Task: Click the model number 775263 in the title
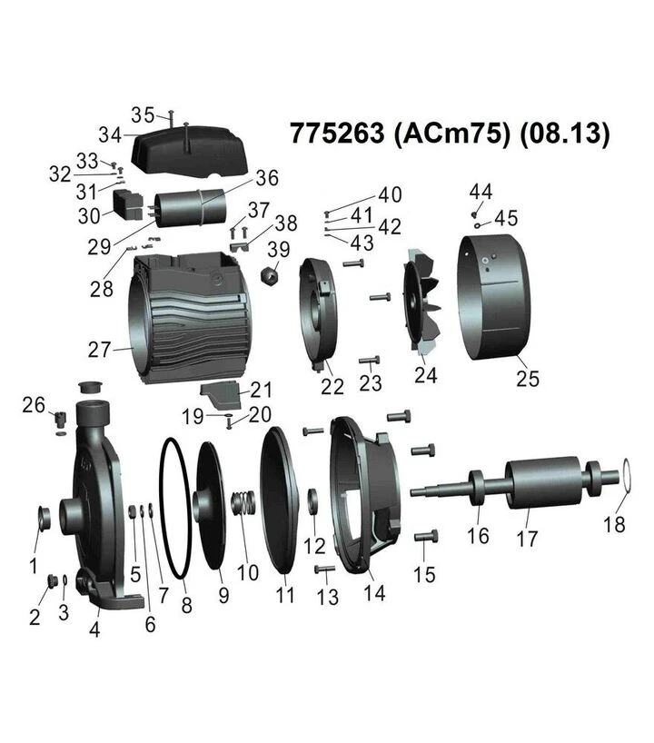337,134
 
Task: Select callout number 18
614,525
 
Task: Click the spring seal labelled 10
243,504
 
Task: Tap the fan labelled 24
421,303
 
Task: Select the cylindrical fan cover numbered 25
492,297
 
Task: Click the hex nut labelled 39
270,274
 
